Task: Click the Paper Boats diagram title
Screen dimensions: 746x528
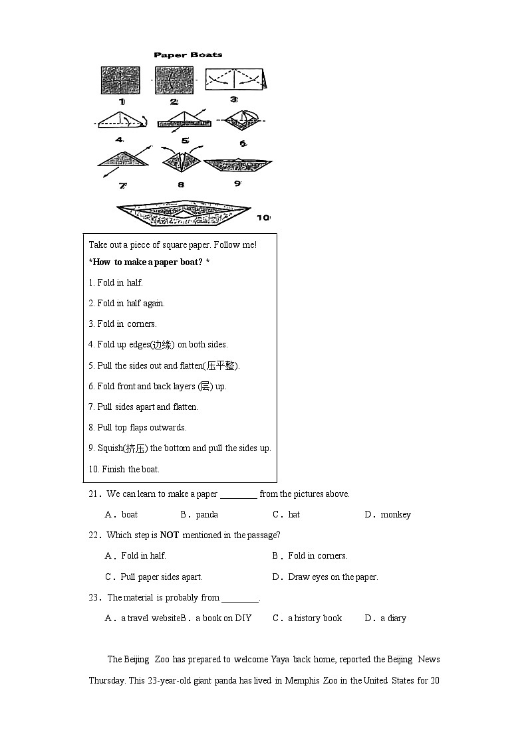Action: pos(188,55)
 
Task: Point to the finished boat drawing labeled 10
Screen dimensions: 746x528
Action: pos(183,213)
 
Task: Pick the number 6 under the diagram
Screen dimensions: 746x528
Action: pos(243,143)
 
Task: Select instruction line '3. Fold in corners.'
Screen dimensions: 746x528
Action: pos(122,324)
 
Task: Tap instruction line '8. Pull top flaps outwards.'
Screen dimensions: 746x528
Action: pos(138,428)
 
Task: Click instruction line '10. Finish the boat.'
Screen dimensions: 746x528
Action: pos(124,469)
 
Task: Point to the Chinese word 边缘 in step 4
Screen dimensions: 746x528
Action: pos(162,345)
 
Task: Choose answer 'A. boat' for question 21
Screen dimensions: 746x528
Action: pos(122,515)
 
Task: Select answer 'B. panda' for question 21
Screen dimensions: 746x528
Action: pos(199,515)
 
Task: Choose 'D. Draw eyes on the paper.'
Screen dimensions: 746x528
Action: pos(325,577)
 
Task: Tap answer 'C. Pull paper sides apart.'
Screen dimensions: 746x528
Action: pos(154,577)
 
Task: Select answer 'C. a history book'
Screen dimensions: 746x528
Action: pos(307,618)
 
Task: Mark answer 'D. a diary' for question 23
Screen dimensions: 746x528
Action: pos(386,618)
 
